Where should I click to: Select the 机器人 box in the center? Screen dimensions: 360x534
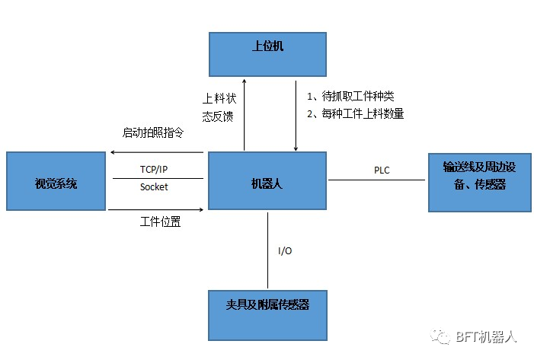[267, 181]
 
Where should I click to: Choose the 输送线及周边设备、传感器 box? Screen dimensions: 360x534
[479, 181]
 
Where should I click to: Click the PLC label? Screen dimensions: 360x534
[382, 170]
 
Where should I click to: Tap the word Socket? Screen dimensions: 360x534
[154, 187]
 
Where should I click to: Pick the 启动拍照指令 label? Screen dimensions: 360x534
[153, 132]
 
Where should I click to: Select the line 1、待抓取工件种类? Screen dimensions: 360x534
[350, 97]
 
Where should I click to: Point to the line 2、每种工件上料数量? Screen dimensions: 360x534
[355, 114]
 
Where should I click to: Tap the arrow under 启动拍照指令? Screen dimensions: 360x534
[156, 152]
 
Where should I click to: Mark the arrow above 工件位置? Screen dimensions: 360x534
[156, 207]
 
